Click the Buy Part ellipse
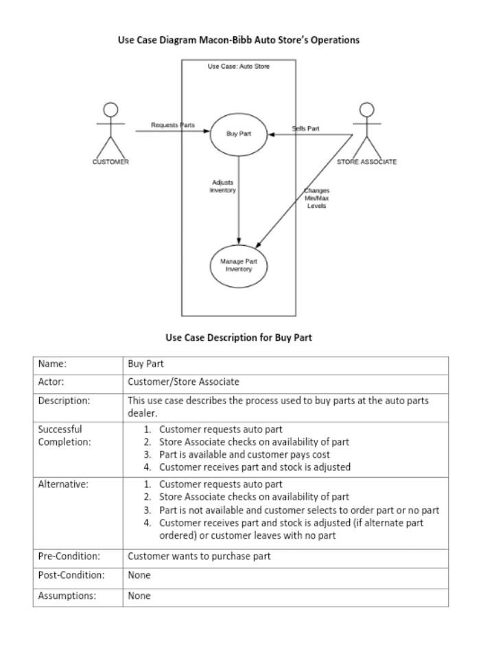click(x=238, y=134)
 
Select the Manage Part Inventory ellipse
click(x=238, y=265)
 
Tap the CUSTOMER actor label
click(x=110, y=162)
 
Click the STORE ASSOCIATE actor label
click(x=366, y=162)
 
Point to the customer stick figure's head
click(x=110, y=110)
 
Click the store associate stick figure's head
click(x=367, y=110)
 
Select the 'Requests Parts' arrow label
click(x=173, y=125)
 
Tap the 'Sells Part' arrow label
click(x=305, y=128)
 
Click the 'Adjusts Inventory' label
click(x=223, y=186)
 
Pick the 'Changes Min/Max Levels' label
click(x=316, y=198)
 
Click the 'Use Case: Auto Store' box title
click(x=239, y=67)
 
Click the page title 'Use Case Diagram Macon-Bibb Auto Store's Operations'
click(x=239, y=40)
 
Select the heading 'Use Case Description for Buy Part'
click(x=239, y=338)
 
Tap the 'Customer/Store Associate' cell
click(x=183, y=382)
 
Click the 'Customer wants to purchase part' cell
click(x=199, y=556)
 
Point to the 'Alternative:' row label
click(x=63, y=484)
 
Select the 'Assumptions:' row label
click(x=67, y=596)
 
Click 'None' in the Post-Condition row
click(x=139, y=575)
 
